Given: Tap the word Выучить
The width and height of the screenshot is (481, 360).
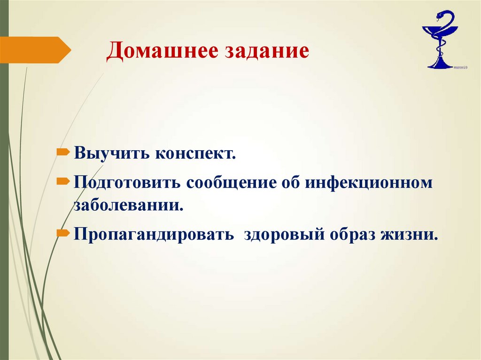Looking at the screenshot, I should [109, 153].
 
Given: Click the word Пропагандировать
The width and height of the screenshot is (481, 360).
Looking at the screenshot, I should [153, 234].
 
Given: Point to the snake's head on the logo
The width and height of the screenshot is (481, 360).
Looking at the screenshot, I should [440, 15].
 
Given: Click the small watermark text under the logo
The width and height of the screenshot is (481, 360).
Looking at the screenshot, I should [461, 68].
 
